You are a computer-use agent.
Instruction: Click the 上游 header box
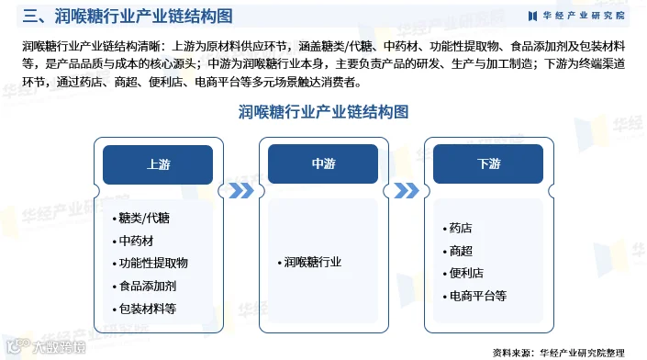pos(158,164)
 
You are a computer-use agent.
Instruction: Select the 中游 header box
pos(323,163)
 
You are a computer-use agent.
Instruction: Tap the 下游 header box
pos(488,163)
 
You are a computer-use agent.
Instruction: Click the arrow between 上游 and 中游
pos(241,191)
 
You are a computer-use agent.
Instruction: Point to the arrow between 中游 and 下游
pos(407,191)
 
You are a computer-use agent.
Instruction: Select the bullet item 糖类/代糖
pos(141,218)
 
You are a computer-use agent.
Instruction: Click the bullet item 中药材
pos(133,241)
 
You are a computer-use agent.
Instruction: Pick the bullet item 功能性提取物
pos(151,263)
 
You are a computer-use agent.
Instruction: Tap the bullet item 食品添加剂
pos(144,286)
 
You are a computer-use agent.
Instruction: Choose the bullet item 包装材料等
pos(144,309)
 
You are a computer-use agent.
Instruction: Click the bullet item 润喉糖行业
pos(309,262)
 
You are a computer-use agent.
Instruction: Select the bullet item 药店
pos(458,228)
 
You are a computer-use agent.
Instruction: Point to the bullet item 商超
pos(458,251)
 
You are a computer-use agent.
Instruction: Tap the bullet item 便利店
pos(463,273)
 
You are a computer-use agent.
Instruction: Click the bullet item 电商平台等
pos(474,296)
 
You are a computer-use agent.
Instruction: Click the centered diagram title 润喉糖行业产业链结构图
pos(323,112)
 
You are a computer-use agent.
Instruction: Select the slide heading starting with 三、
pos(128,17)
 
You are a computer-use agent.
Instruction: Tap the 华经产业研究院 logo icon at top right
pos(532,16)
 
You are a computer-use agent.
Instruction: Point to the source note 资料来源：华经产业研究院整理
pos(559,353)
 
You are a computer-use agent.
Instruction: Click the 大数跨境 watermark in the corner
pos(45,347)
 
